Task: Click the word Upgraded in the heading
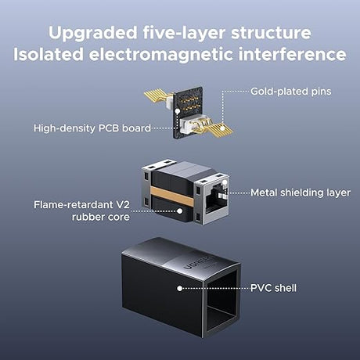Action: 92,33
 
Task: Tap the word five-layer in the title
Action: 184,32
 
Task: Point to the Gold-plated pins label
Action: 291,92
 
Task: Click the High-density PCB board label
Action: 92,128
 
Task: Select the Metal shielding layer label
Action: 301,193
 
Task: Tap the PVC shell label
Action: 273,288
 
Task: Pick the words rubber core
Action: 101,217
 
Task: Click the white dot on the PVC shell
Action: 179,288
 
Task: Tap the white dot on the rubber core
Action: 179,211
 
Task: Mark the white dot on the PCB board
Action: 178,111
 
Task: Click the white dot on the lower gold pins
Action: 222,128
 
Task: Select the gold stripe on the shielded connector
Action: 172,196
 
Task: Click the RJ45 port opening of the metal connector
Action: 217,200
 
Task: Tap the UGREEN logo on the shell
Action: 200,262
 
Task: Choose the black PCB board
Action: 189,112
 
